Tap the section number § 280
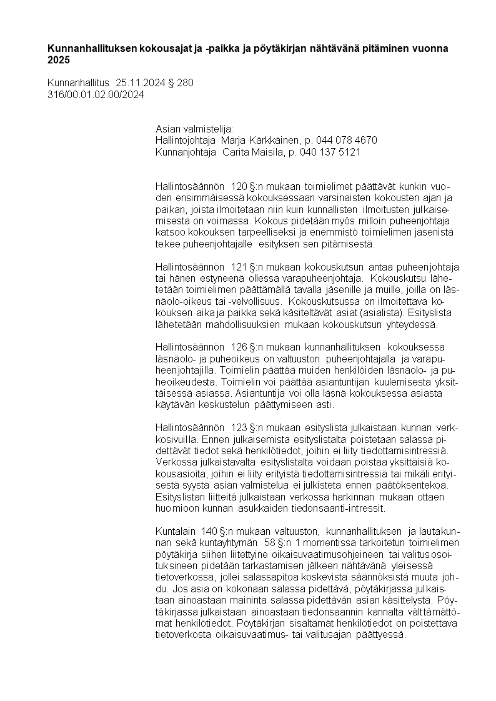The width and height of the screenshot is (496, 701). [182, 82]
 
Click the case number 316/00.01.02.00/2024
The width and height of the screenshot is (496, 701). [96, 94]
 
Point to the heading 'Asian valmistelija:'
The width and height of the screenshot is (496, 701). [194, 128]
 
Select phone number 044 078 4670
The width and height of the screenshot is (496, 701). [345, 140]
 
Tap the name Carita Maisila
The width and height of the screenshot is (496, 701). [249, 152]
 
